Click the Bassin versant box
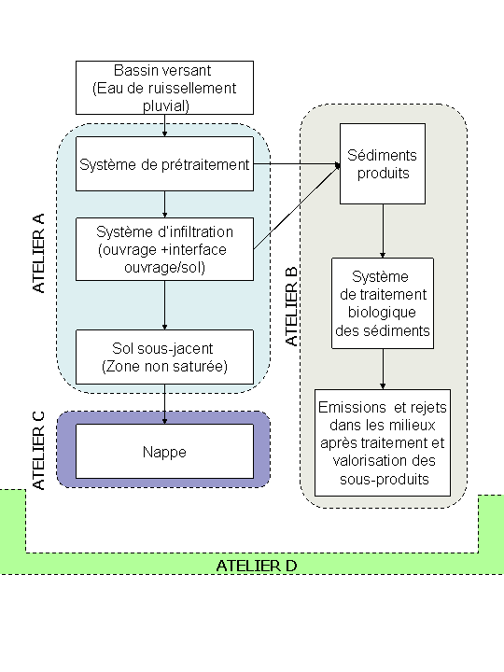(x=164, y=88)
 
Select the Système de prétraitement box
(x=164, y=163)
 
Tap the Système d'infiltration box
(x=164, y=249)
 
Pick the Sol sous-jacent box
(x=164, y=357)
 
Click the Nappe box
(x=164, y=452)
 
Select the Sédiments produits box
(x=383, y=163)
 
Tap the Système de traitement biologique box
(x=383, y=303)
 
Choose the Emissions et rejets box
(x=383, y=442)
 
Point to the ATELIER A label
(x=38, y=253)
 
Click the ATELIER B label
(x=291, y=306)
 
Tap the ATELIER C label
(x=38, y=451)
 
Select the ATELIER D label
(x=257, y=566)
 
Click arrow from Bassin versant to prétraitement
(x=164, y=126)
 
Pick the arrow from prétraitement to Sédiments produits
(x=297, y=163)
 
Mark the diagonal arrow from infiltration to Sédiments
(x=297, y=207)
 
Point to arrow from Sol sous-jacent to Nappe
(x=164, y=404)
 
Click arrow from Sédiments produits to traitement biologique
(x=383, y=231)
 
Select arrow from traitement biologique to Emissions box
(x=383, y=369)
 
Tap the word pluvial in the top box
(x=166, y=105)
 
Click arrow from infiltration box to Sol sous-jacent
(x=164, y=305)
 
